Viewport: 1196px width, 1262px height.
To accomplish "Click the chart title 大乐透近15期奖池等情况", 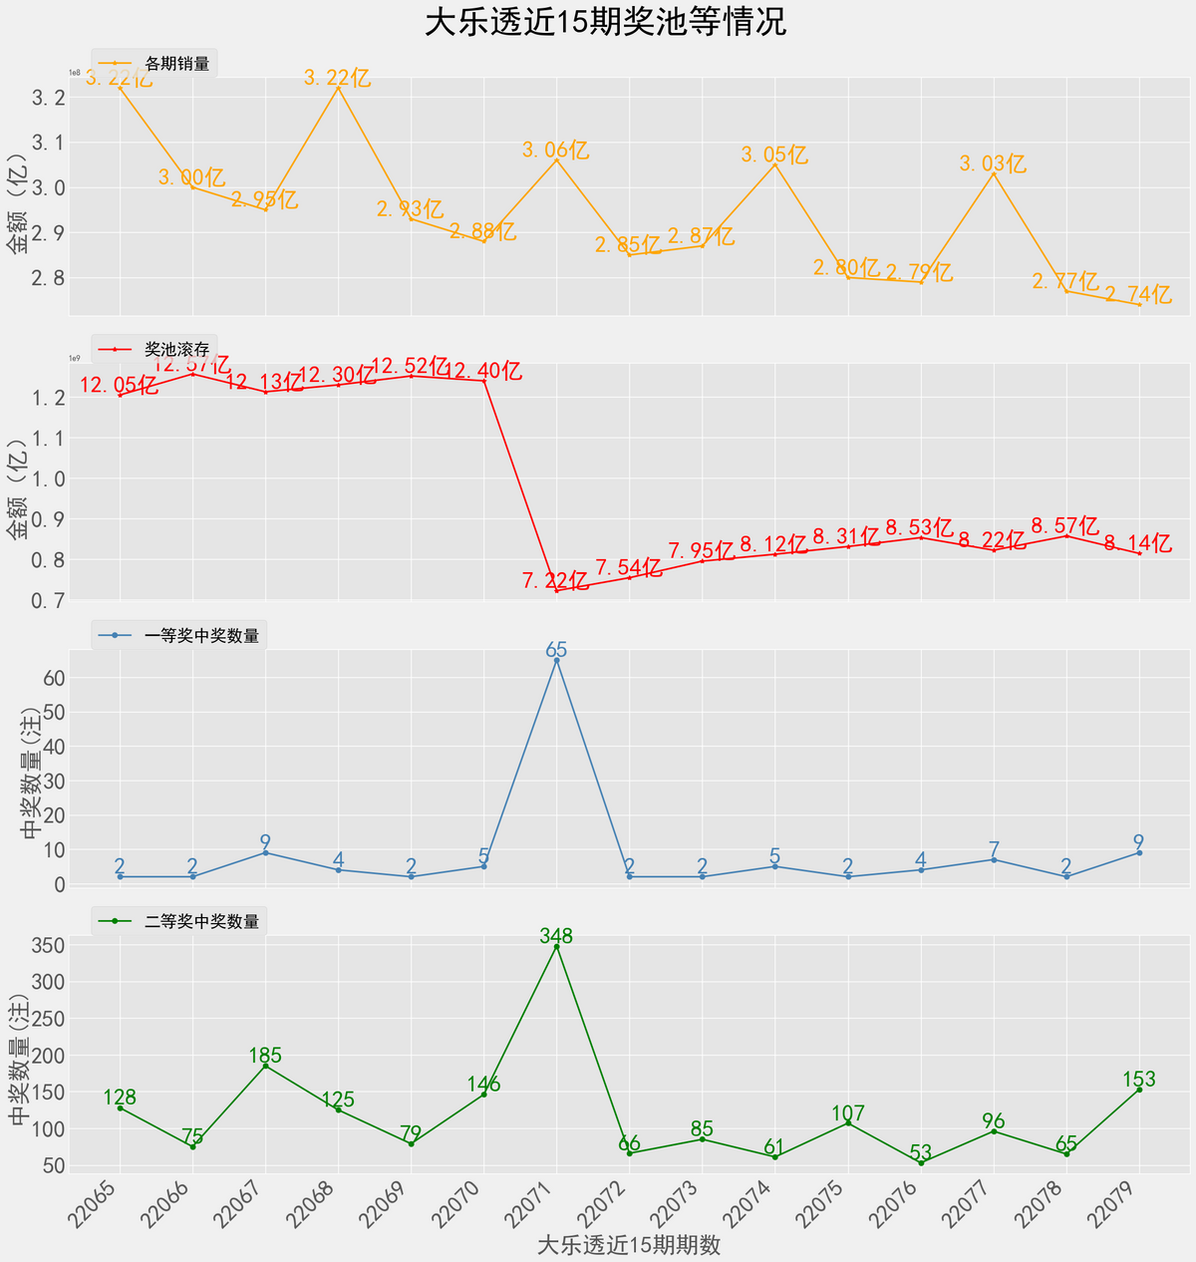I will click(x=605, y=22).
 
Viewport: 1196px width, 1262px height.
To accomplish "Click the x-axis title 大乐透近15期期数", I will click(x=629, y=1245).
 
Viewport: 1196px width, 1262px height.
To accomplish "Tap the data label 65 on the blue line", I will click(x=556, y=650).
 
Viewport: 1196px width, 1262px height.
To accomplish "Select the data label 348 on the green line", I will click(x=556, y=936).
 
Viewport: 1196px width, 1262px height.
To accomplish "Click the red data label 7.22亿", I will click(x=555, y=580).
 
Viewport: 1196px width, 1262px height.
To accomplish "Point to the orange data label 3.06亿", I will click(x=555, y=151).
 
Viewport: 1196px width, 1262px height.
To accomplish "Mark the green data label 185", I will click(x=265, y=1056).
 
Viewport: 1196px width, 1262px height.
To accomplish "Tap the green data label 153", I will click(x=1138, y=1079).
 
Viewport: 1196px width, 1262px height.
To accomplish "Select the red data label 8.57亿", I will click(x=1064, y=525).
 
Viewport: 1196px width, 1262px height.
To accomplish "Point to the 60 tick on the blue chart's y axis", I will click(x=54, y=678).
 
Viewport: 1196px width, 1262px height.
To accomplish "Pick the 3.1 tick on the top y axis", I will click(x=49, y=143).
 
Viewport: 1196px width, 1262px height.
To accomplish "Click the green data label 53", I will click(x=921, y=1151).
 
